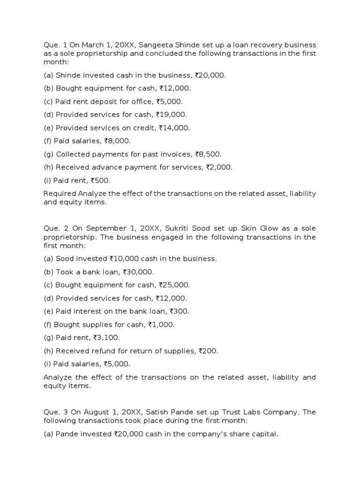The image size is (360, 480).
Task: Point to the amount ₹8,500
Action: [x=206, y=154]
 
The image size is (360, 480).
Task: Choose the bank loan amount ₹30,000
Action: [x=138, y=272]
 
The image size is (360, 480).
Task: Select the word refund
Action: [x=99, y=351]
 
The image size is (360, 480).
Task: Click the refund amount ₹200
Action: [x=209, y=351]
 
